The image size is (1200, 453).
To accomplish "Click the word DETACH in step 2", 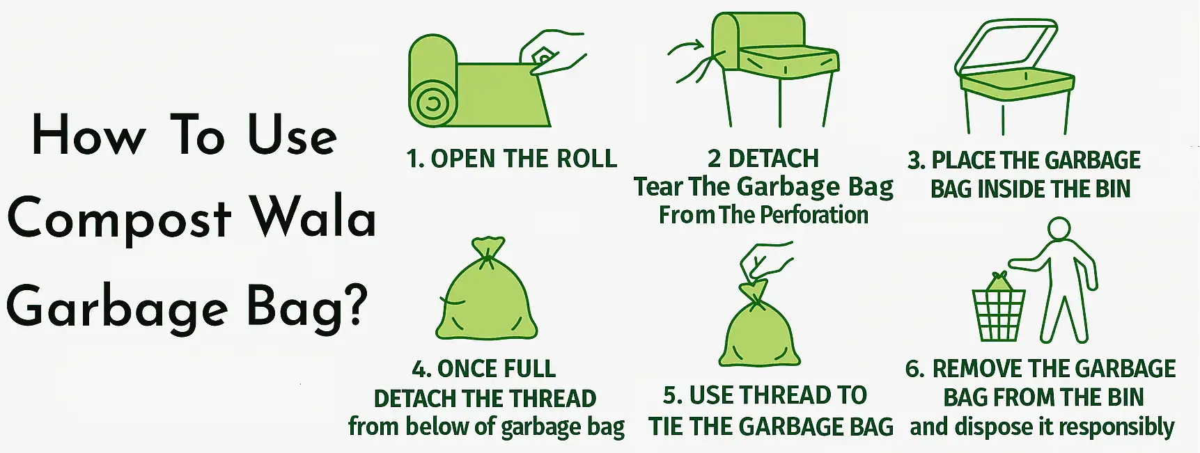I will (x=773, y=159).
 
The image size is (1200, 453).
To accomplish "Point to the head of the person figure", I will (x=1059, y=229).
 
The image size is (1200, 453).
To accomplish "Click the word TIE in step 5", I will (x=666, y=427).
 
